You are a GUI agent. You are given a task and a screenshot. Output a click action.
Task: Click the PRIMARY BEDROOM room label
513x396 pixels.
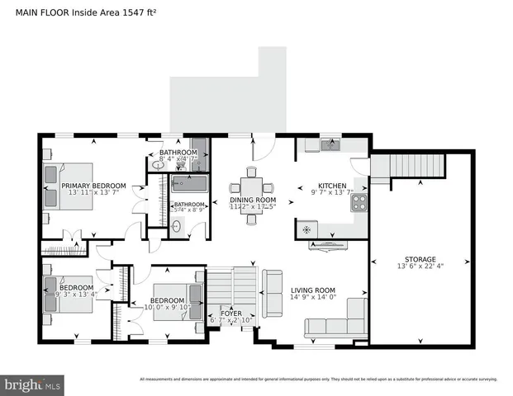pos(93,186)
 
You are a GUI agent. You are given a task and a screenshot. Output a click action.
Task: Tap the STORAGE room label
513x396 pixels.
pos(416,259)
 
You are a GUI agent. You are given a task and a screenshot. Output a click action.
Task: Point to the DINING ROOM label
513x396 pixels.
pos(252,200)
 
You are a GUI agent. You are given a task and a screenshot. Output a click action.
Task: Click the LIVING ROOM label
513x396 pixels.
pos(312,290)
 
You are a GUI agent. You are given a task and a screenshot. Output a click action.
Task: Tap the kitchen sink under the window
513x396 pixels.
pos(330,145)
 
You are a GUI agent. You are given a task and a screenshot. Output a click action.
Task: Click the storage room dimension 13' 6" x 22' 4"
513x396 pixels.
pos(416,266)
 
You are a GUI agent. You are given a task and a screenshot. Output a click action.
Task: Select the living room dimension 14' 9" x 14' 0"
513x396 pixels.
pos(312,297)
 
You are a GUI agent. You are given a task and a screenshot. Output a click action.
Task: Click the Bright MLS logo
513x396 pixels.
pos(33,384)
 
